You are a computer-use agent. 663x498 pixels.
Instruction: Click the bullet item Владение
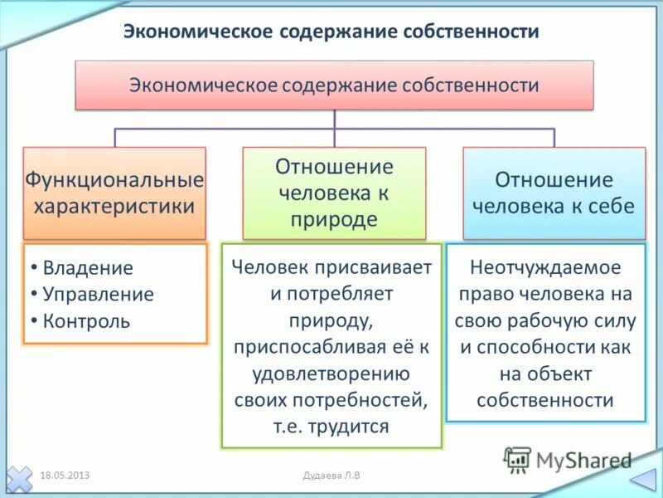point(88,268)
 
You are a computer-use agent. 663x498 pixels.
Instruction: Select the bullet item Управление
point(98,295)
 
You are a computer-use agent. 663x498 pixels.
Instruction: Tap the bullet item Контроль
point(86,321)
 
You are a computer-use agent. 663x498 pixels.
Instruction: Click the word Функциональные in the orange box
point(114,179)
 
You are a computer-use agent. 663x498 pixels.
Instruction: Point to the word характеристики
point(114,205)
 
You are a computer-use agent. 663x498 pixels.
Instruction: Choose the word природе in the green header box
point(334,219)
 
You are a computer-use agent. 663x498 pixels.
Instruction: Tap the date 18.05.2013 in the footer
point(65,475)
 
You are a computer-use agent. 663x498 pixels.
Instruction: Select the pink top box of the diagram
point(334,85)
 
